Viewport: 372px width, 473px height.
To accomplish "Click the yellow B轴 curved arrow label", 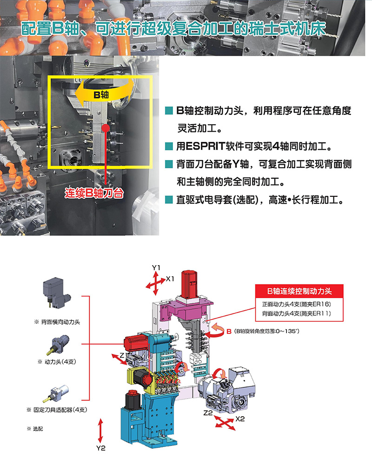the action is tap(101, 95).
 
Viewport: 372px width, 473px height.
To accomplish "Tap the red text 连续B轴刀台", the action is tap(94, 193).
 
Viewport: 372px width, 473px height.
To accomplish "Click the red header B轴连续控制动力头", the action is tap(299, 291).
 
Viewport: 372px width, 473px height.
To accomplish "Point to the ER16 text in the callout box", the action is tap(321, 304).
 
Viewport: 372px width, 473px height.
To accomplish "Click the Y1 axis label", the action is tap(156, 267).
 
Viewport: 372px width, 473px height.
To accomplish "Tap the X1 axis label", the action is tap(170, 279).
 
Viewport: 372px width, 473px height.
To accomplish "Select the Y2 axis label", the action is tap(101, 448).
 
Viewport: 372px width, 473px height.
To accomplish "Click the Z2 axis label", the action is tap(208, 413).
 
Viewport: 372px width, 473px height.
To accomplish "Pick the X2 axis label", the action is tap(240, 419).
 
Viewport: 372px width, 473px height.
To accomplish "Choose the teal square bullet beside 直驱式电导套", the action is tap(169, 200).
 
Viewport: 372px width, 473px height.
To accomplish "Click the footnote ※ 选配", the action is tap(35, 429).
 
